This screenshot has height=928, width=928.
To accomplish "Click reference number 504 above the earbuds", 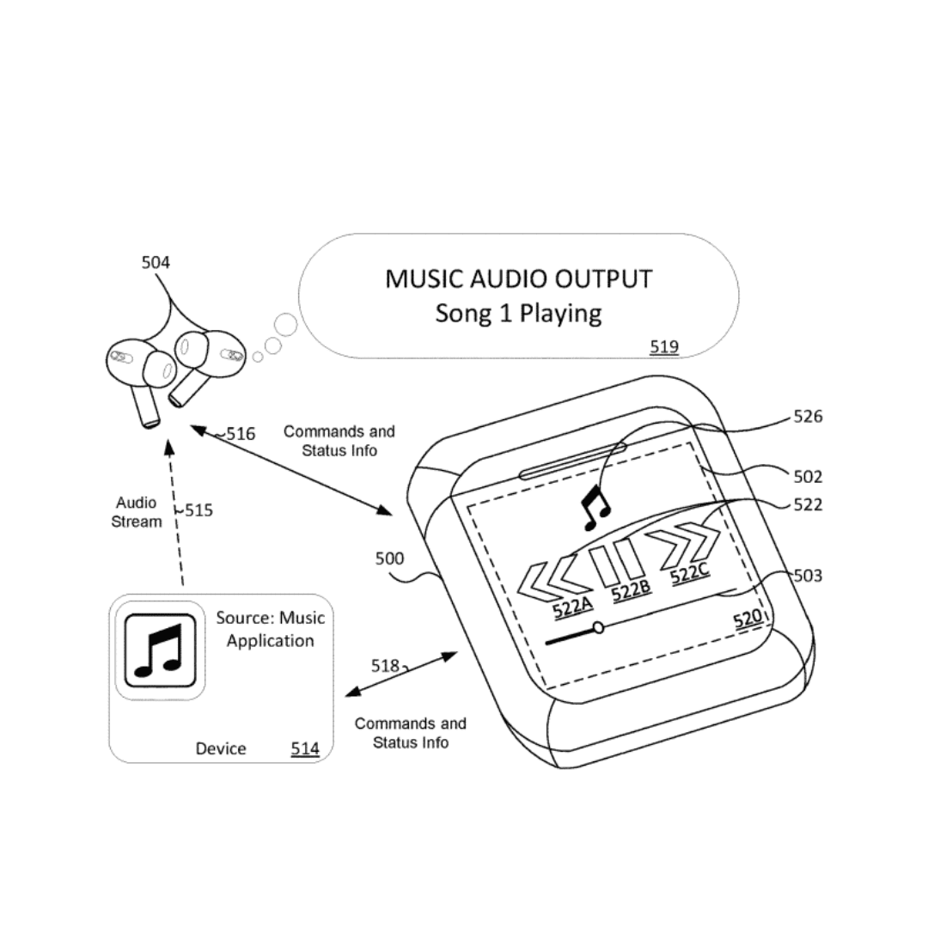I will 156,262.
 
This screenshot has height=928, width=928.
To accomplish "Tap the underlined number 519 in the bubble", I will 663,347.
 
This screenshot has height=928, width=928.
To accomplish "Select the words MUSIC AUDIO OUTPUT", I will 518,279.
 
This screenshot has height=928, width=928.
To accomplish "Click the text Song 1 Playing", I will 518,313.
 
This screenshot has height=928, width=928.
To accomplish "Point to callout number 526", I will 808,417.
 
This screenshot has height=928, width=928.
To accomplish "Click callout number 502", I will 808,476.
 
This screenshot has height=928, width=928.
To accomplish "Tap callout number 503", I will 808,575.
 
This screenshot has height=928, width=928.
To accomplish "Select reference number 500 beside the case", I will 389,559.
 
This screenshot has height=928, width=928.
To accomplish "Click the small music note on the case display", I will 595,507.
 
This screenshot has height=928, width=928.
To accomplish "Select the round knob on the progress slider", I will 598,628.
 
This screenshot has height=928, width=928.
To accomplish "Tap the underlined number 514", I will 304,748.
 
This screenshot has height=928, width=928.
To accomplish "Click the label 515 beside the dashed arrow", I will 198,510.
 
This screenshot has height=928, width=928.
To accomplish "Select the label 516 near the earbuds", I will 241,434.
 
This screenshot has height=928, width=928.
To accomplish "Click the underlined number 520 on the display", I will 747,619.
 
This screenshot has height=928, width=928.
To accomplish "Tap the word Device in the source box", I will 221,748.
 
